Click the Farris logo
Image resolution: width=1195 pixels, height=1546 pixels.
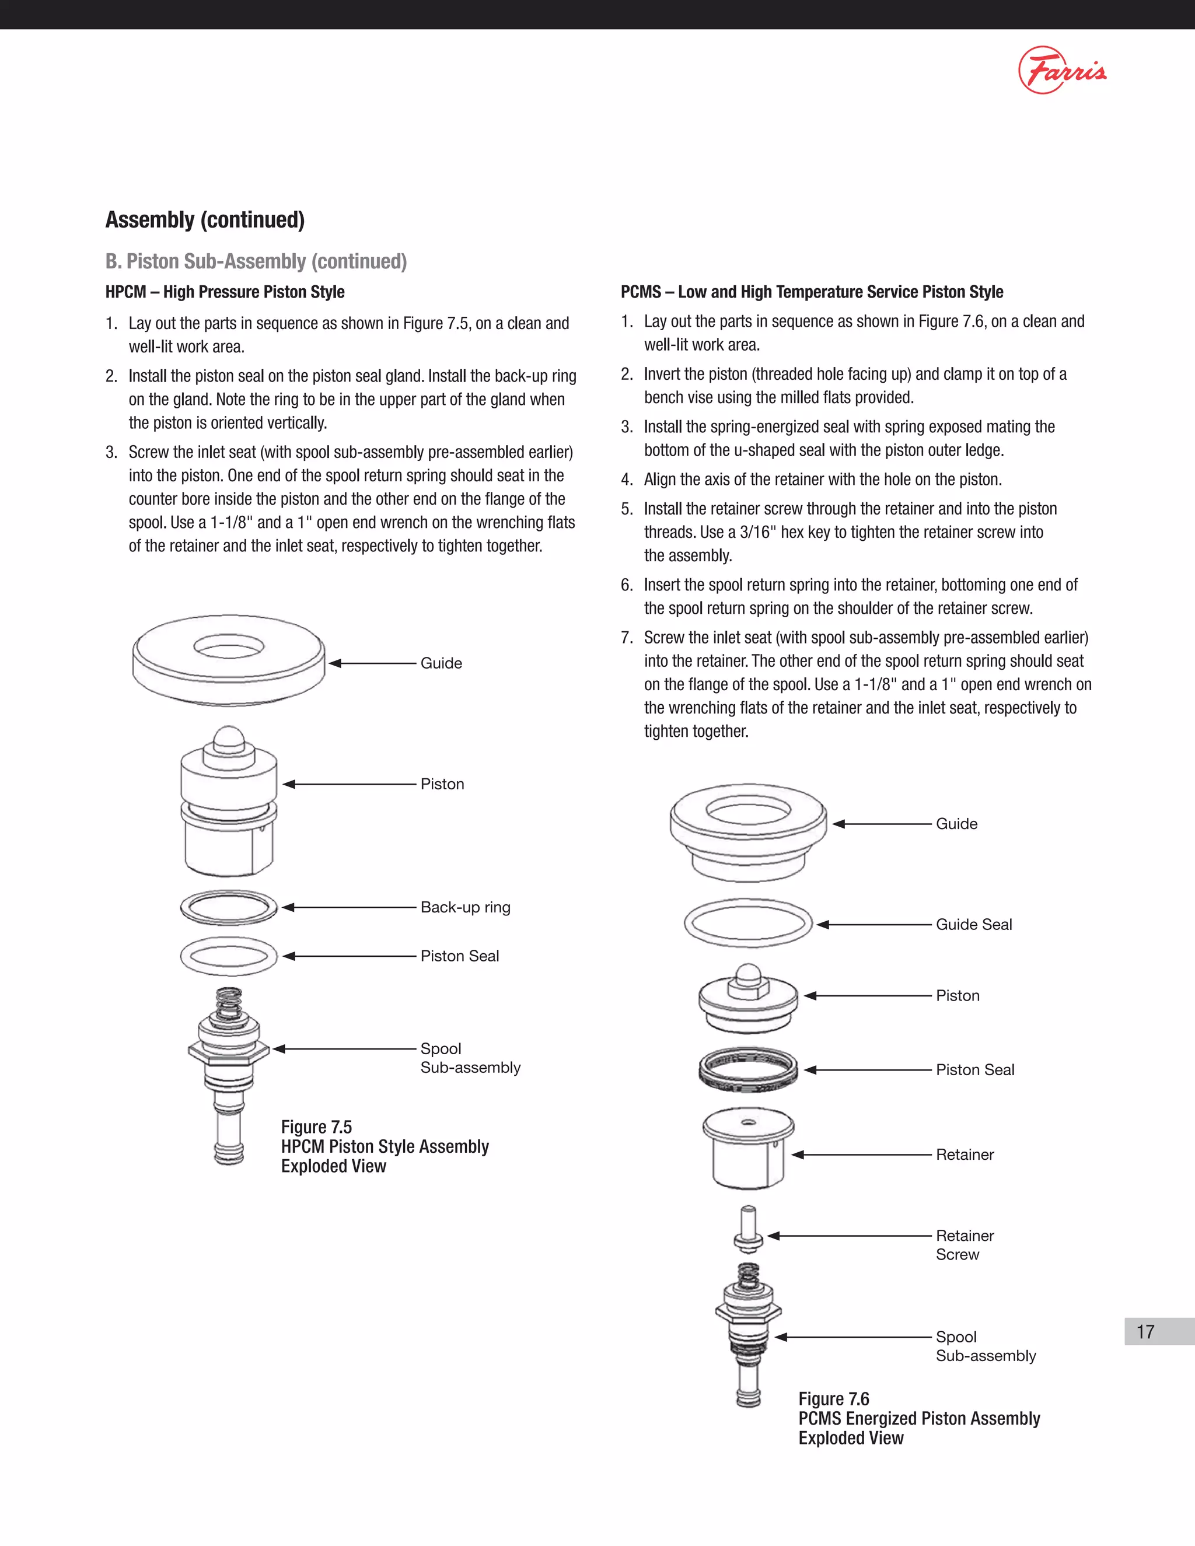click(1062, 70)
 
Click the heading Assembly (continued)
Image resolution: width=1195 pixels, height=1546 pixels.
click(205, 219)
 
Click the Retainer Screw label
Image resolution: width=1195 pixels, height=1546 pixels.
click(964, 1244)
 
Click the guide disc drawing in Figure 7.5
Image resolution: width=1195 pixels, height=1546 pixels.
click(229, 659)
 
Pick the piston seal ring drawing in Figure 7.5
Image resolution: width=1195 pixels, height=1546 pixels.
click(229, 956)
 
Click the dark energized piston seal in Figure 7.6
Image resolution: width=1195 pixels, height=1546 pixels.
click(748, 1069)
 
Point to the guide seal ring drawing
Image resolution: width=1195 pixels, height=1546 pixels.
click(748, 923)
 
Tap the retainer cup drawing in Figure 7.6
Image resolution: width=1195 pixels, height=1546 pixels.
click(748, 1148)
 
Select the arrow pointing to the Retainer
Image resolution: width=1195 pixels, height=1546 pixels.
click(861, 1155)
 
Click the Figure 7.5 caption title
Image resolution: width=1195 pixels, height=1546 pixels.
click(316, 1127)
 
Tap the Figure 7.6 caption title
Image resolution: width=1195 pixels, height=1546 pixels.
click(834, 1399)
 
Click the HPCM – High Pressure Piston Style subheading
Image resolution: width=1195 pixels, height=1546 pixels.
click(225, 292)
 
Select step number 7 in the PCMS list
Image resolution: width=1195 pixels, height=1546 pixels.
click(626, 638)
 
